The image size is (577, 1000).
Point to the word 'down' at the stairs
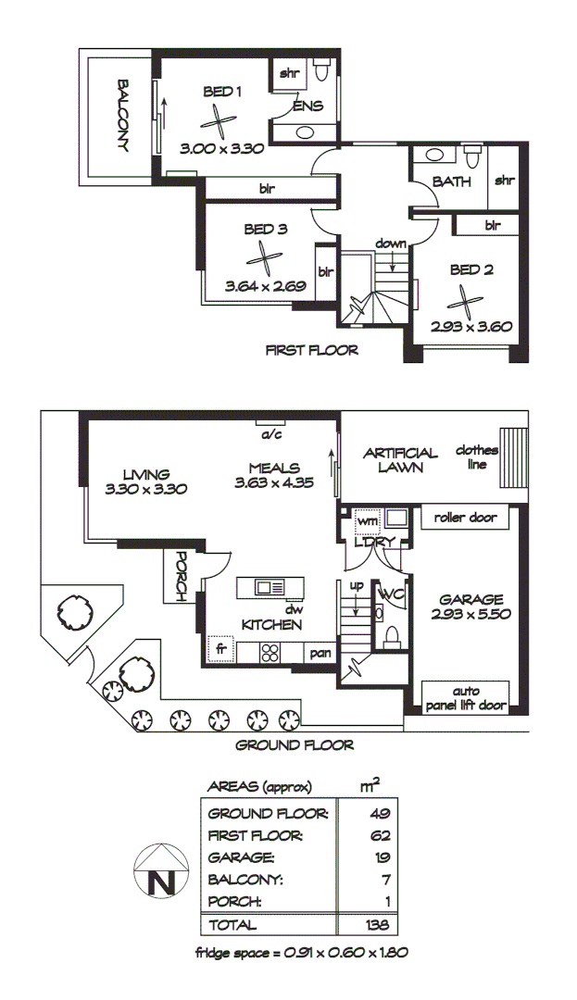(391, 244)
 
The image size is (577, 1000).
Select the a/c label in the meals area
(271, 434)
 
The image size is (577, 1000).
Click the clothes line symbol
(511, 457)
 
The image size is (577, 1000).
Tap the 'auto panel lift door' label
(465, 697)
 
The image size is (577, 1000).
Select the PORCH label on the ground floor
(181, 576)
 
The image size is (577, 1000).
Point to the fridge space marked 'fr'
(221, 650)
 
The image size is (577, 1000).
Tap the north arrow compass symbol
(159, 871)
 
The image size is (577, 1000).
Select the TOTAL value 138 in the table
(376, 925)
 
